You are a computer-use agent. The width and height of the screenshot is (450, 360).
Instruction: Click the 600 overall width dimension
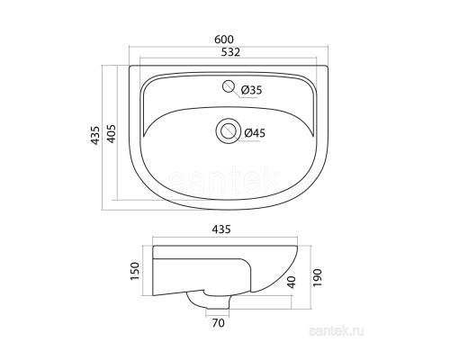[x=224, y=40]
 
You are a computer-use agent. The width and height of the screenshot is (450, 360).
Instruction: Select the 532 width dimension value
[x=230, y=52]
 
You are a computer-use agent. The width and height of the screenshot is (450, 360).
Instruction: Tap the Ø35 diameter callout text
[x=251, y=90]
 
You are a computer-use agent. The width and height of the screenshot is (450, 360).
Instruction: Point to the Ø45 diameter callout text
[x=255, y=132]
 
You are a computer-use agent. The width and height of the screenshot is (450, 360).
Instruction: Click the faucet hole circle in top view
[x=229, y=86]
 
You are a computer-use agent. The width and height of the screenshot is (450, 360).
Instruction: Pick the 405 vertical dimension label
[x=112, y=133]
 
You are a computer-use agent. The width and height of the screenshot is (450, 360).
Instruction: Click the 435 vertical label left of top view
[x=95, y=135]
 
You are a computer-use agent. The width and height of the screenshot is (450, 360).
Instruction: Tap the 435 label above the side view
[x=221, y=229]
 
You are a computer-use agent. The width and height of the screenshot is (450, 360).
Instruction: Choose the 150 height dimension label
[x=135, y=271]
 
